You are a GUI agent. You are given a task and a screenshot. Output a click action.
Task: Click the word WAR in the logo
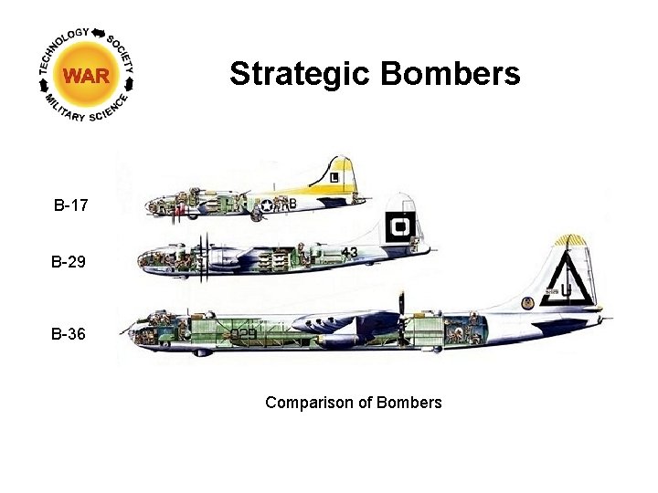pos(85,74)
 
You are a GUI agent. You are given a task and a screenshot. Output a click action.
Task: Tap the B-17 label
pos(70,205)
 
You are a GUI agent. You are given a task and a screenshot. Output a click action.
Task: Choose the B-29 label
pos(69,263)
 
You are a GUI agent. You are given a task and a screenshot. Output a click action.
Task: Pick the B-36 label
pos(69,334)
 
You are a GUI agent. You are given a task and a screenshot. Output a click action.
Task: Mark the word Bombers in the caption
pos(409,403)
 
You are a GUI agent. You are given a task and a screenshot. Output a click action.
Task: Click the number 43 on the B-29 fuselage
pos(349,252)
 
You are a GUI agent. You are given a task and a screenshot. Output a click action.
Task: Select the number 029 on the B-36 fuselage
pos(243,334)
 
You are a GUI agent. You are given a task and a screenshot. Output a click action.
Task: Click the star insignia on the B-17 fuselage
pos(267,205)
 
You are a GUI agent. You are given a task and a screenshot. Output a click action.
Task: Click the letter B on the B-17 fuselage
pos(292,204)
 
